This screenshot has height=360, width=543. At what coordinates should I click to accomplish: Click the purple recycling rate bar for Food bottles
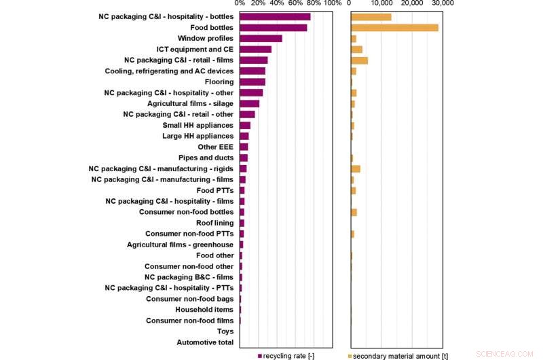coord(274,28)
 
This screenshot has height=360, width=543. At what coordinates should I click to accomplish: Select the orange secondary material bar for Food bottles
coord(394,28)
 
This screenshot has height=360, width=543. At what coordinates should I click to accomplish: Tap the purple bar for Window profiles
coord(261,39)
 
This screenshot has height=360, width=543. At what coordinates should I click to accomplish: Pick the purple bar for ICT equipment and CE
coord(256,50)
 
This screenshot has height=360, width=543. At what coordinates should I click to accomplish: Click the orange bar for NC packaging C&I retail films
coord(359,60)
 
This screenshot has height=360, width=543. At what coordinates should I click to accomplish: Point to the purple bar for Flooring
coord(252,82)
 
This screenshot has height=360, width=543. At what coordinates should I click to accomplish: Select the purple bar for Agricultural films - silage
coord(250,104)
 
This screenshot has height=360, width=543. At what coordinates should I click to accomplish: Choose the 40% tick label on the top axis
coord(276,3)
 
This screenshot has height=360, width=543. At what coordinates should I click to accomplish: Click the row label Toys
coord(225,332)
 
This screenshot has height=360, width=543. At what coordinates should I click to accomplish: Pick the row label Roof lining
coord(214,223)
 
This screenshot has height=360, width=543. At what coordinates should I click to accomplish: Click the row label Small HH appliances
coord(198,126)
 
